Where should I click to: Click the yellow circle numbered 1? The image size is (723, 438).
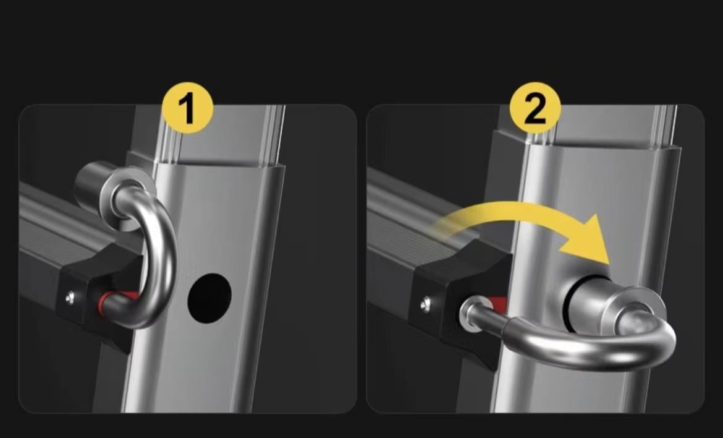pyautogui.click(x=188, y=108)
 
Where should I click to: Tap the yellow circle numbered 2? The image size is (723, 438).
pyautogui.click(x=535, y=108)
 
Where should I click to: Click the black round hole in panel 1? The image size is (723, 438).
pyautogui.click(x=209, y=298)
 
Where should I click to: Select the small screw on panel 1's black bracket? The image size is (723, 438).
pyautogui.click(x=70, y=298)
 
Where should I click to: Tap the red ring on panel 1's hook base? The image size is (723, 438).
pyautogui.click(x=104, y=301)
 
